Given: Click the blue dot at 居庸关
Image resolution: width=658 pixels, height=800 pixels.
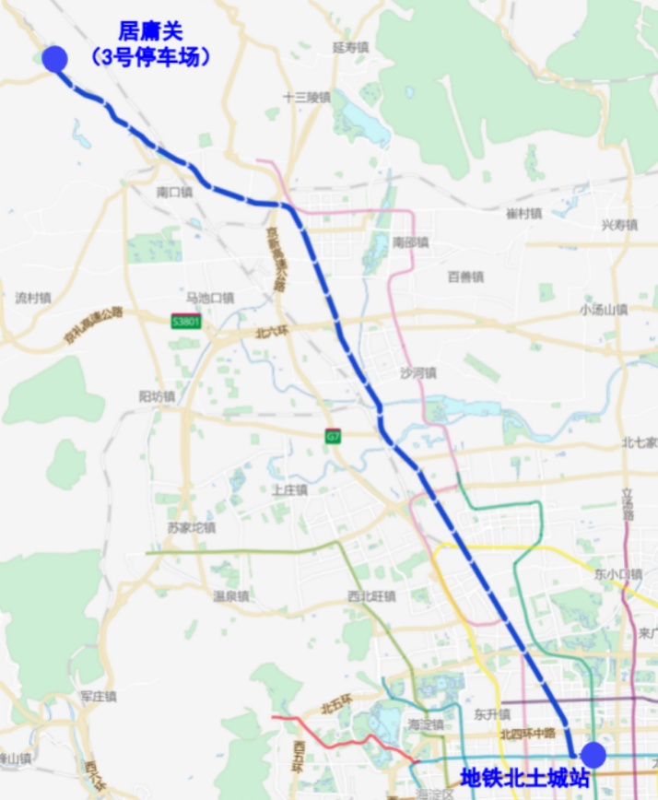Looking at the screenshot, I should coord(55,59).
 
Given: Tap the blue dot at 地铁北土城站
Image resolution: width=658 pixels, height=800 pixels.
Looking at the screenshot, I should coord(593,755).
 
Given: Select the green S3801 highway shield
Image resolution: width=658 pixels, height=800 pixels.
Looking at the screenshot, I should coord(186,321).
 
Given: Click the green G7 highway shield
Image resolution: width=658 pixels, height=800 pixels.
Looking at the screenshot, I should coord(333,436).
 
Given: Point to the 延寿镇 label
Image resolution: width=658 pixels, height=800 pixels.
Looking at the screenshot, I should coord(350,47).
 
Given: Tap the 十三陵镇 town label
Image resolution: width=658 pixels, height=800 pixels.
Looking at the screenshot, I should coord(307,97).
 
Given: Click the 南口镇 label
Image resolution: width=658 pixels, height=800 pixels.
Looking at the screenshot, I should coord(174,193).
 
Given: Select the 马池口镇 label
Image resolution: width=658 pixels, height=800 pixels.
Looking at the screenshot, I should coord(210,298).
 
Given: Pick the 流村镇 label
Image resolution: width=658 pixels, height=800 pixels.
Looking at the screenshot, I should coord(33,299).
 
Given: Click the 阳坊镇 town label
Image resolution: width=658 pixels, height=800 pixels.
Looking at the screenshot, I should coord(156,395).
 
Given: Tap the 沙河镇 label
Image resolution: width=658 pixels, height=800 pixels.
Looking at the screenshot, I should coord(418,373).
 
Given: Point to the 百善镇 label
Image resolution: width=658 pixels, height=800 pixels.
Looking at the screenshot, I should coord(465,276).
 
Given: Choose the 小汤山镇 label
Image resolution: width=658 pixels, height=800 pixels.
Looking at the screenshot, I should coord(604,310).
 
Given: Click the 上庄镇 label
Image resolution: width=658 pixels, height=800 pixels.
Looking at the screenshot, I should coord(289,489).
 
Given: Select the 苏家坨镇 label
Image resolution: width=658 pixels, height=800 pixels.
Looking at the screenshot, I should coord(192,527).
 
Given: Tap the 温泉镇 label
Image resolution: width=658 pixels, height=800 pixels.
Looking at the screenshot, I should coord(231,595).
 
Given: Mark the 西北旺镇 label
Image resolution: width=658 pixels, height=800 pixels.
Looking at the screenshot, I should coord(371,596).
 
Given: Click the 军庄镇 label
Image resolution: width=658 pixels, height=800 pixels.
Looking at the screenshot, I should coord(98,696).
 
